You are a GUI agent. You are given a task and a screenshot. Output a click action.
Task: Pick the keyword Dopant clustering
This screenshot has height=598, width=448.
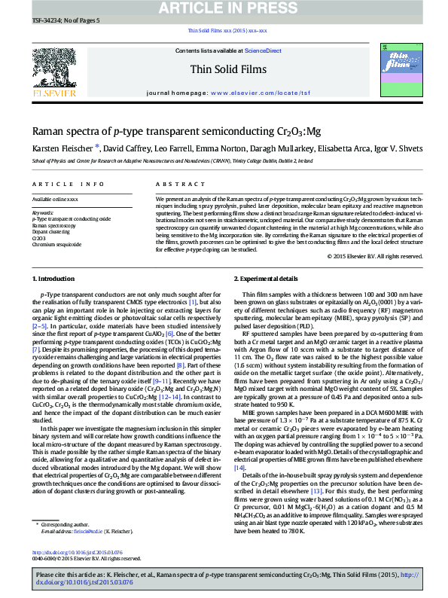point(51,231)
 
